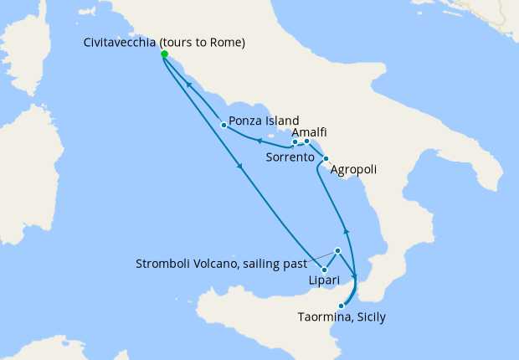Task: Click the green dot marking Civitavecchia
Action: click(164, 54)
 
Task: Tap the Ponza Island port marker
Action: click(224, 126)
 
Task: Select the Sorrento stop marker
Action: click(295, 141)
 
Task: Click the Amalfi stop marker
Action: click(307, 141)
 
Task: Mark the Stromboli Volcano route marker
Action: click(337, 250)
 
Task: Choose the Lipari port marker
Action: click(323, 269)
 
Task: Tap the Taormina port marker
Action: click(341, 306)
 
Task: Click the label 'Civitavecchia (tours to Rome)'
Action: click(164, 43)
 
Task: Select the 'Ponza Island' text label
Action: click(265, 121)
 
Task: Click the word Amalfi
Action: click(310, 132)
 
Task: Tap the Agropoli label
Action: click(354, 170)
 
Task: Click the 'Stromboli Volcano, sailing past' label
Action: click(220, 264)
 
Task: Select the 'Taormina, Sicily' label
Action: click(342, 317)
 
